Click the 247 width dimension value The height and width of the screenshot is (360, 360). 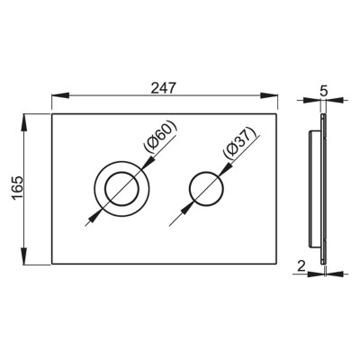pyautogui.click(x=163, y=88)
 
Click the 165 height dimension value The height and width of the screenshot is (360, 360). pyautogui.click(x=17, y=188)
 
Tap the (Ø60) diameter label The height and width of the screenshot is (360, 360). pyautogui.click(x=161, y=137)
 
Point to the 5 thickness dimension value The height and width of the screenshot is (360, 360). pyautogui.click(x=323, y=91)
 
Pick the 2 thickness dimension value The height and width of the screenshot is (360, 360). pyautogui.click(x=301, y=265)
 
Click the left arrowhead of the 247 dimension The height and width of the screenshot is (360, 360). pyautogui.click(x=61, y=95)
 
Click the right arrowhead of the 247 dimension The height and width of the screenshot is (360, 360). pyautogui.click(x=268, y=95)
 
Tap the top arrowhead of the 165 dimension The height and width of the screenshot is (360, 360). pyautogui.click(x=24, y=122)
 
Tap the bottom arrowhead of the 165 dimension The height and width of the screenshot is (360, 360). pyautogui.click(x=24, y=255)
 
